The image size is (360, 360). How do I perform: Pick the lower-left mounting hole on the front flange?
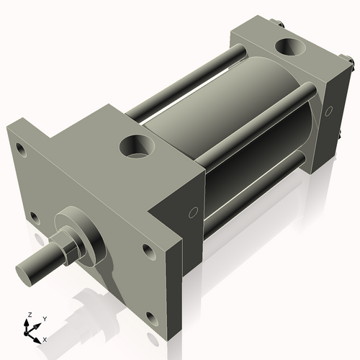tap(33, 215)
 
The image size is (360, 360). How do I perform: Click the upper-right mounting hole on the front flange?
tap(148, 251)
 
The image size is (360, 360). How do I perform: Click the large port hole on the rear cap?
tap(292, 49)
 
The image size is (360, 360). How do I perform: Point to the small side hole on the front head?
tap(192, 212)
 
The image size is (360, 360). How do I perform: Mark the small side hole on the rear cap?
tap(329, 112)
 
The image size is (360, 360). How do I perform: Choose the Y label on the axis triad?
tap(44, 318)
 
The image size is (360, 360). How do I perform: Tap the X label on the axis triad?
tap(45, 338)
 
